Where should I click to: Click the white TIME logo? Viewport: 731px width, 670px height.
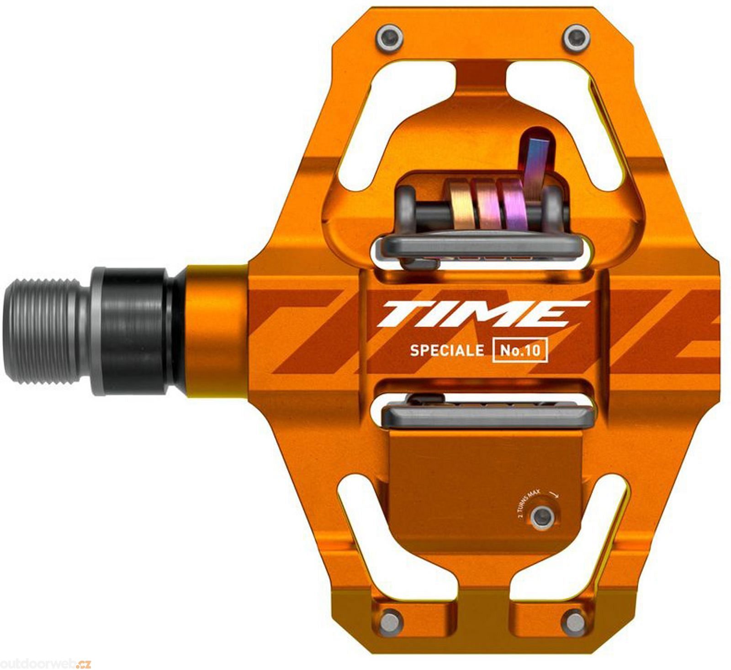pyautogui.click(x=482, y=315)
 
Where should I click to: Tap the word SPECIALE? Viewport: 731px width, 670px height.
pyautogui.click(x=440, y=351)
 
